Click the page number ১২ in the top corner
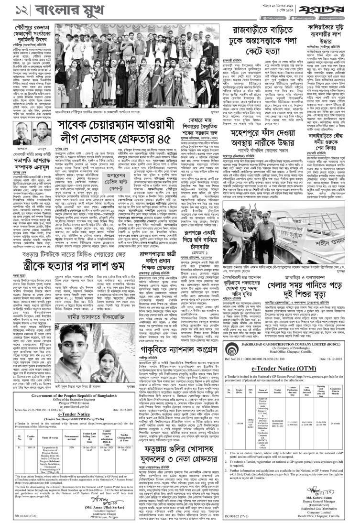pyautogui.click(x=14, y=9)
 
